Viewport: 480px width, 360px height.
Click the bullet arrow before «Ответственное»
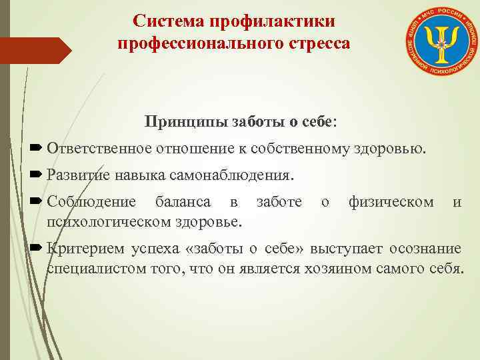[x=36, y=147]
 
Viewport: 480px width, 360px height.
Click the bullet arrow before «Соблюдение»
[x=36, y=201]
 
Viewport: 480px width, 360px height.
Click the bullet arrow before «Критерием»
[x=36, y=249]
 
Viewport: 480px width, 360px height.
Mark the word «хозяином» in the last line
[x=352, y=269]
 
